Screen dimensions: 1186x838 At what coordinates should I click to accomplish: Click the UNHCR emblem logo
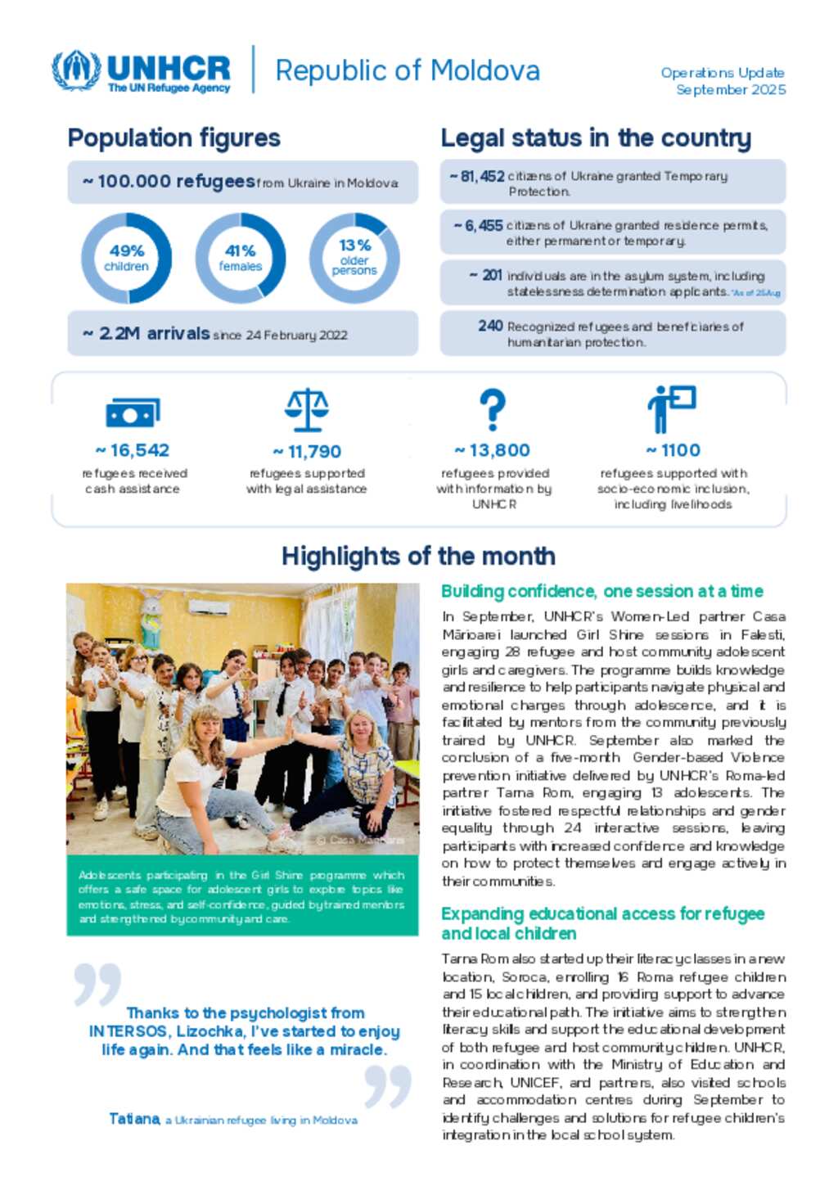point(75,70)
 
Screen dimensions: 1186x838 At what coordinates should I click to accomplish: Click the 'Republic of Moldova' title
point(407,71)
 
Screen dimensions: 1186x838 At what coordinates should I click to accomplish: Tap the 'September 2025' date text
point(730,90)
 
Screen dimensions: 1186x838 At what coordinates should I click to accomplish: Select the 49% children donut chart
point(126,258)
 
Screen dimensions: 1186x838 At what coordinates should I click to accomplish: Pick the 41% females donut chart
point(241,258)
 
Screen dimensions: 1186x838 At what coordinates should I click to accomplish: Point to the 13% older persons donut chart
point(354,258)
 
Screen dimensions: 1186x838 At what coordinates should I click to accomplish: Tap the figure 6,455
point(483,225)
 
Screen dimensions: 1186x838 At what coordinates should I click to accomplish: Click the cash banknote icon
point(133,413)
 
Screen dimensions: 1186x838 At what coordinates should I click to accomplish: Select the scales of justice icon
point(307,410)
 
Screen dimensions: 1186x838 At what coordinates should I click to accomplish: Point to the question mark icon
point(492,409)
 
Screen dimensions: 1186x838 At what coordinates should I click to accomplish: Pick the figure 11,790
point(313,451)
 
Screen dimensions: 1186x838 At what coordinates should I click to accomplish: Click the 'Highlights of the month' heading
point(418,557)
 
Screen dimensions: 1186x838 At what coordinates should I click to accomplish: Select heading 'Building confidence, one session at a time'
point(601,591)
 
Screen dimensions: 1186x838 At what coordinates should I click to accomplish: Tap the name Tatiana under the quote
point(134,1119)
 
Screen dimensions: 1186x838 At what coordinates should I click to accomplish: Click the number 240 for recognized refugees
point(490,326)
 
